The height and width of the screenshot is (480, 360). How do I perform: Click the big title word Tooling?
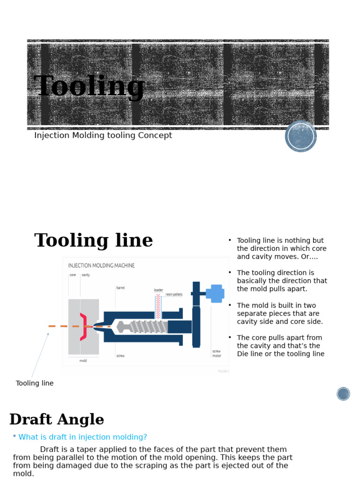(x=89, y=87)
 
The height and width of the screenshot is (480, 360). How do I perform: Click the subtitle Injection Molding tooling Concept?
(x=103, y=135)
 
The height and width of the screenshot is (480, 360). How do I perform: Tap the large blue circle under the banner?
(x=301, y=136)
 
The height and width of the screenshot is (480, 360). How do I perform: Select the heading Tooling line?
(x=94, y=241)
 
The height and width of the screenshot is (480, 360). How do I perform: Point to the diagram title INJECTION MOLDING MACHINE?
(x=102, y=265)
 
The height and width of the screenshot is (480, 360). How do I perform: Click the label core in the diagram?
(x=73, y=275)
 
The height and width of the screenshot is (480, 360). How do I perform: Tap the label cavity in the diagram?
(x=86, y=275)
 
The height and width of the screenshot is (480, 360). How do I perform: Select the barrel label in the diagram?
(x=120, y=288)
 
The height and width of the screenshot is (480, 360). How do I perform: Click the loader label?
(x=158, y=290)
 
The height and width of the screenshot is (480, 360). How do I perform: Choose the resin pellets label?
(x=174, y=294)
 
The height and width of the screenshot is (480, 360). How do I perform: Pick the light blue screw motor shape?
(x=216, y=293)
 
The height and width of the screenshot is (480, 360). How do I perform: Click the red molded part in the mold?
(x=83, y=327)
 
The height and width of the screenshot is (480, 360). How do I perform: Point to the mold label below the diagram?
(x=83, y=361)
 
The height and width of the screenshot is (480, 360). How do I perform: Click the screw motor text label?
(x=217, y=353)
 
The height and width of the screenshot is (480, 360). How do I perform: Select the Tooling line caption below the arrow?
(x=35, y=383)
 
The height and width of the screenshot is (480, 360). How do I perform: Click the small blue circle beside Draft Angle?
(x=343, y=394)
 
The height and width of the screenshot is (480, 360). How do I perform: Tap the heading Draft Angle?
(x=57, y=420)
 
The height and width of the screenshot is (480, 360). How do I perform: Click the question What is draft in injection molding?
(x=82, y=437)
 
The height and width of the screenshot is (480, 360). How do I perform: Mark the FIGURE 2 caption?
(x=223, y=371)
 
